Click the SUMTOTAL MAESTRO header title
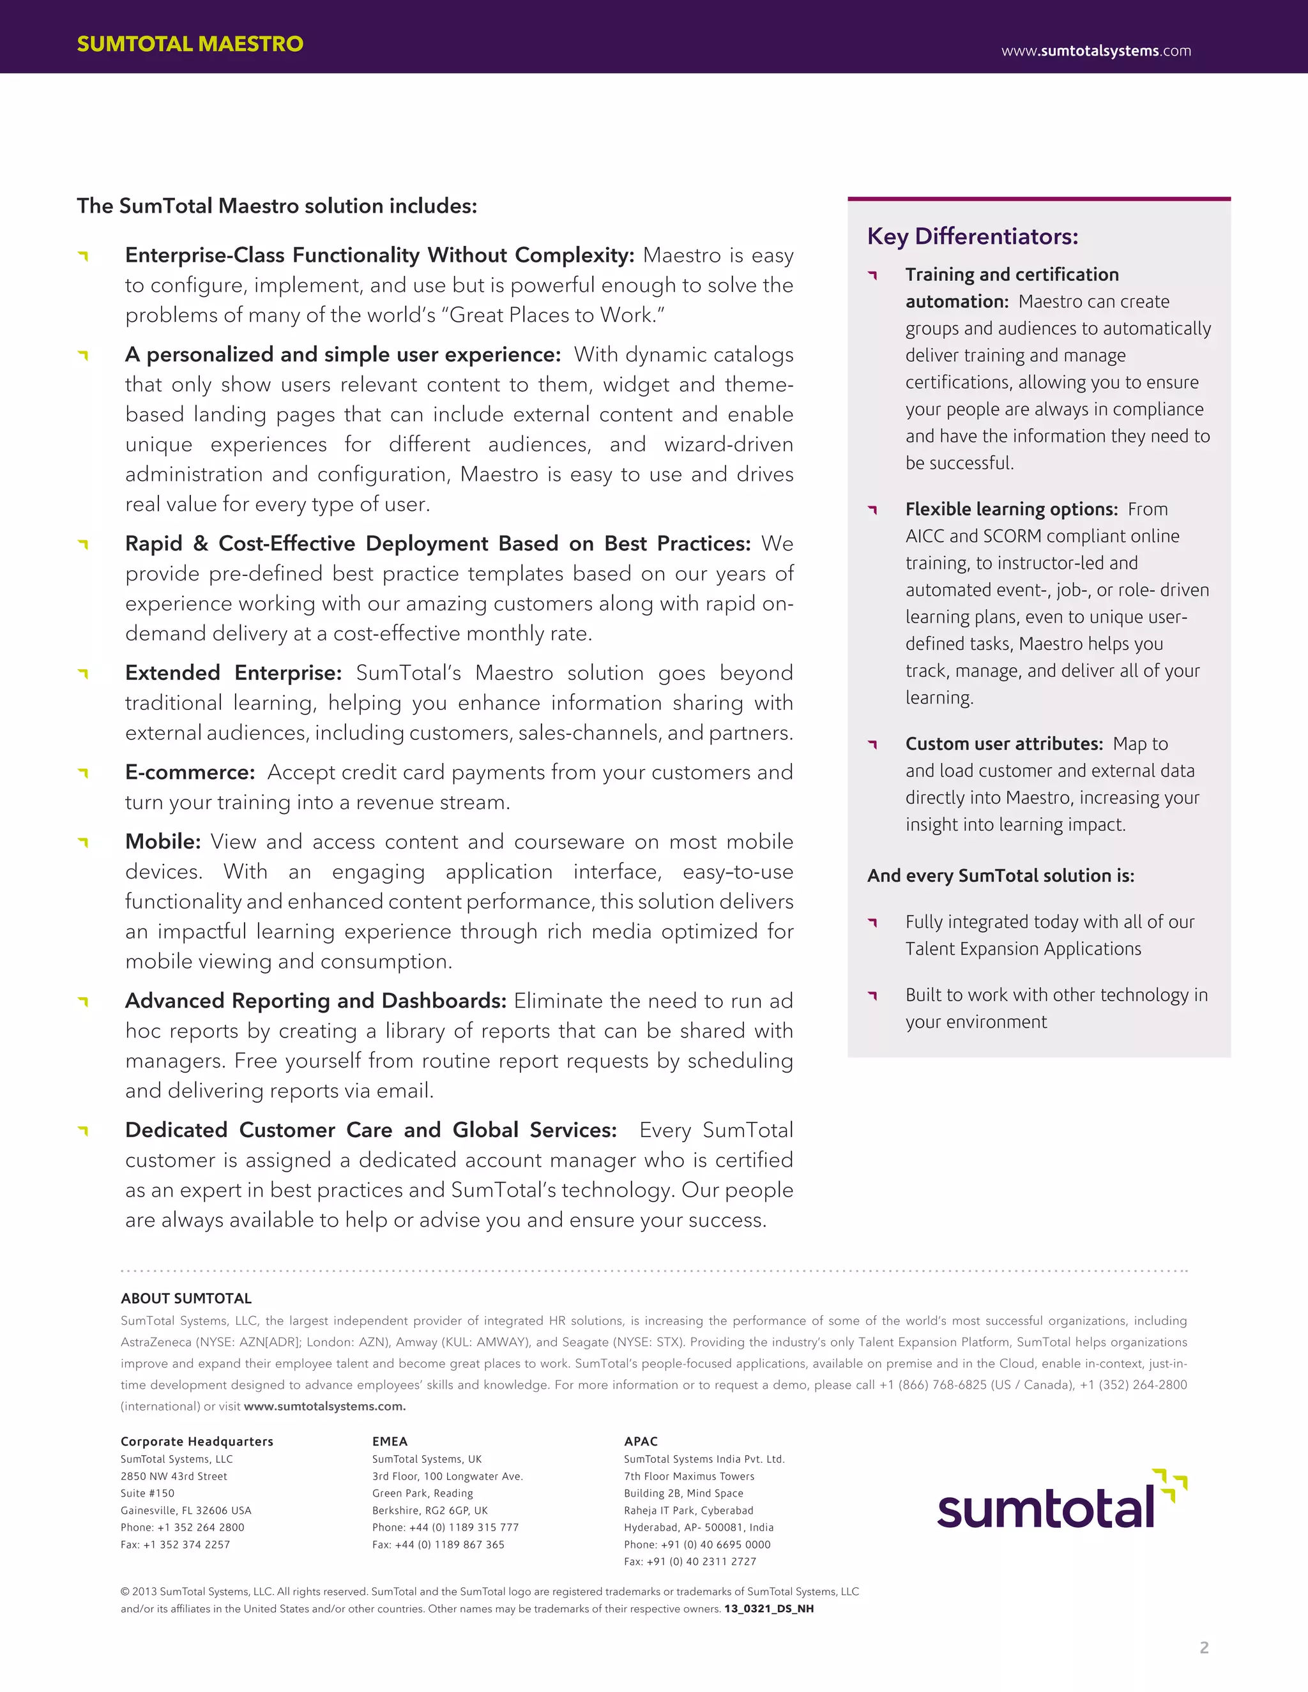[190, 43]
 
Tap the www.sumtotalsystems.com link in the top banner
[1096, 51]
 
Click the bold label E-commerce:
[190, 772]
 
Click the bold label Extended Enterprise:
[233, 672]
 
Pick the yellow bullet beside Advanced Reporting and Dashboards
[84, 1002]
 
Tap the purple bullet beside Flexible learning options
[872, 510]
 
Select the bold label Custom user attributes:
[1003, 744]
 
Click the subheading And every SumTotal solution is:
[1000, 875]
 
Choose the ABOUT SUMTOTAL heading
[186, 1299]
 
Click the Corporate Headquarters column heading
[197, 1441]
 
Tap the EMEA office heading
[389, 1441]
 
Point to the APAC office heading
[640, 1441]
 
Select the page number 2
[1203, 1648]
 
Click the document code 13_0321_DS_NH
[769, 1608]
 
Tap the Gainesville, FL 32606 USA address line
[186, 1510]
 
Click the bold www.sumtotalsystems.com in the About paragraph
[324, 1406]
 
